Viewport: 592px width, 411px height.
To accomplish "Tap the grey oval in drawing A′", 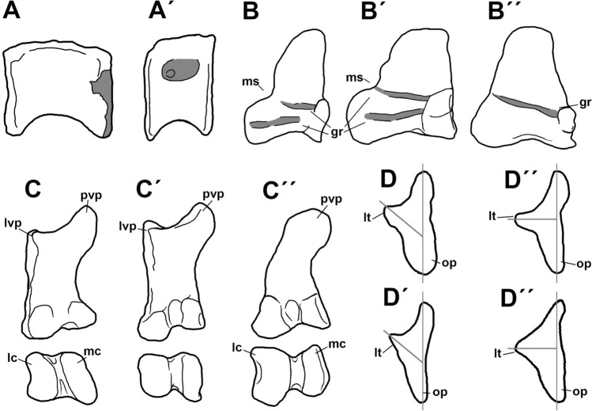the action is click(180, 70).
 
